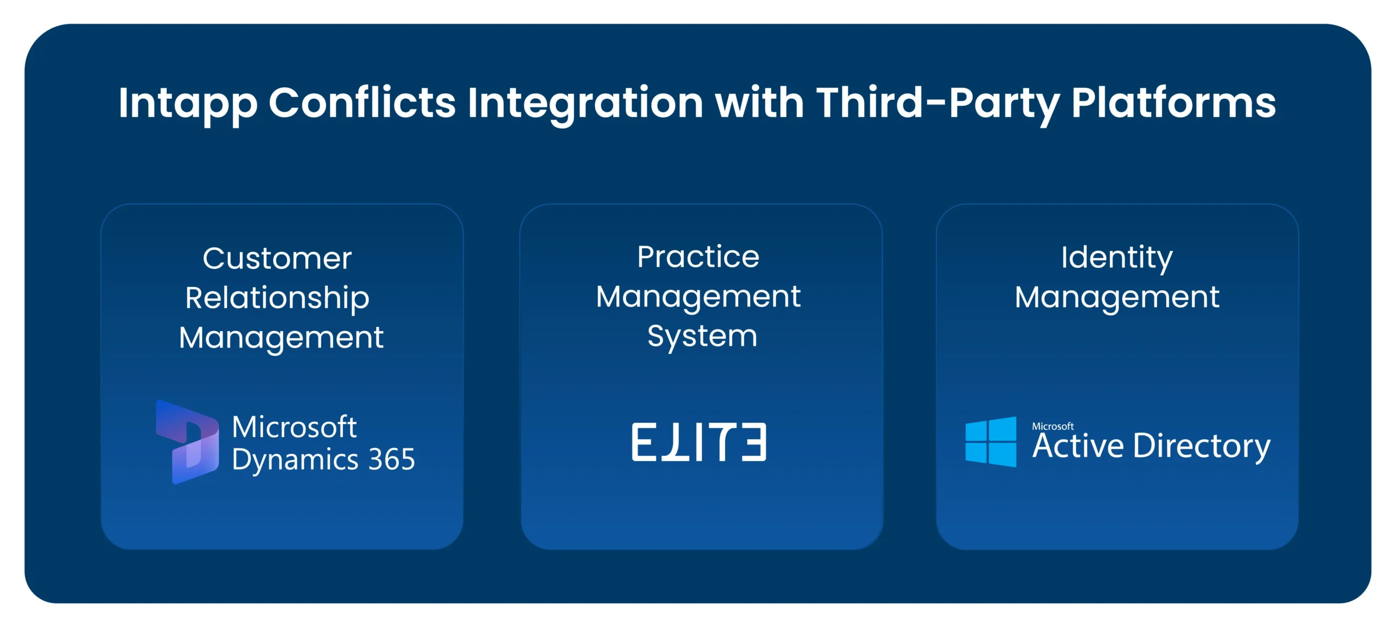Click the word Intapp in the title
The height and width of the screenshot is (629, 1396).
pyautogui.click(x=187, y=104)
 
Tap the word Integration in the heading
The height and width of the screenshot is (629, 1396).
pyautogui.click(x=585, y=104)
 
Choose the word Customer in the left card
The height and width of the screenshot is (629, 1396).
pyautogui.click(x=277, y=258)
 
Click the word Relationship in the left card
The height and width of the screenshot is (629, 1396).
pyautogui.click(x=277, y=298)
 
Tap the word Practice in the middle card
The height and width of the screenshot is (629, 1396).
pyautogui.click(x=698, y=257)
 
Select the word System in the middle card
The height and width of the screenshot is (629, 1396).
pyautogui.click(x=702, y=336)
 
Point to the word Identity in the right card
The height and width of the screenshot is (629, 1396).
pyautogui.click(x=1116, y=257)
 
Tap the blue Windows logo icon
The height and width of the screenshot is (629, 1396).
pyautogui.click(x=990, y=441)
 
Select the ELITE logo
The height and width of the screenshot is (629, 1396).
pyautogui.click(x=699, y=442)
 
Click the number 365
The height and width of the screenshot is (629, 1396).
pyautogui.click(x=392, y=459)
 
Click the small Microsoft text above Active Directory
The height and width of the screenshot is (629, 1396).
pyautogui.click(x=1052, y=426)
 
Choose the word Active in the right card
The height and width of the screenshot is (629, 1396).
pyautogui.click(x=1078, y=446)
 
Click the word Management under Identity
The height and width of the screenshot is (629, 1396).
pyautogui.click(x=1116, y=298)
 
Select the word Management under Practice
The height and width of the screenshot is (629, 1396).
pyautogui.click(x=698, y=297)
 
